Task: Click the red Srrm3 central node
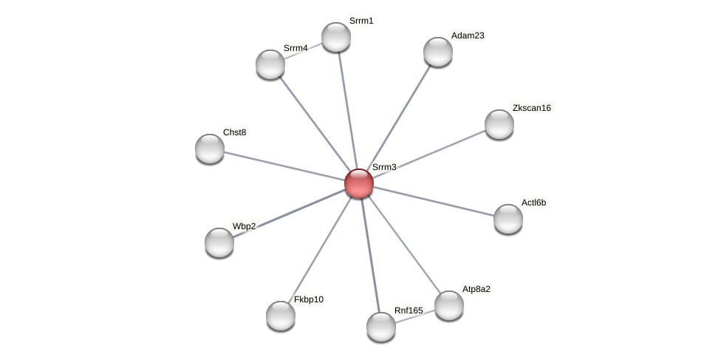pyautogui.click(x=359, y=183)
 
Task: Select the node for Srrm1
pyautogui.click(x=336, y=37)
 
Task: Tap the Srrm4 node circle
pyautogui.click(x=270, y=64)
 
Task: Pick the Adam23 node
pyautogui.click(x=438, y=52)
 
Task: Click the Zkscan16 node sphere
pyautogui.click(x=499, y=124)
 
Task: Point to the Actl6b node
pyautogui.click(x=508, y=219)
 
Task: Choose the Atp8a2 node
pyautogui.click(x=449, y=305)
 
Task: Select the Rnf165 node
pyautogui.click(x=381, y=327)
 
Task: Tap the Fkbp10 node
pyautogui.click(x=281, y=316)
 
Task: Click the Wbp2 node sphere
pyautogui.click(x=219, y=242)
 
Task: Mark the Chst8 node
pyautogui.click(x=210, y=149)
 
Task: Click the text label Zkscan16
pyautogui.click(x=531, y=108)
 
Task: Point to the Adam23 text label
pyautogui.click(x=468, y=35)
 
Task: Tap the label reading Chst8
pyautogui.click(x=234, y=132)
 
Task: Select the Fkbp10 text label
pyautogui.click(x=309, y=299)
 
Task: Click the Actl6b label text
pyautogui.click(x=533, y=203)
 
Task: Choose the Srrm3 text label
pyautogui.click(x=384, y=167)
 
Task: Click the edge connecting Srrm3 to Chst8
pyautogui.click(x=284, y=166)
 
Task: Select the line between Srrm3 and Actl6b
pyautogui.click(x=434, y=201)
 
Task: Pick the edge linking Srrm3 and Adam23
pyautogui.click(x=399, y=117)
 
